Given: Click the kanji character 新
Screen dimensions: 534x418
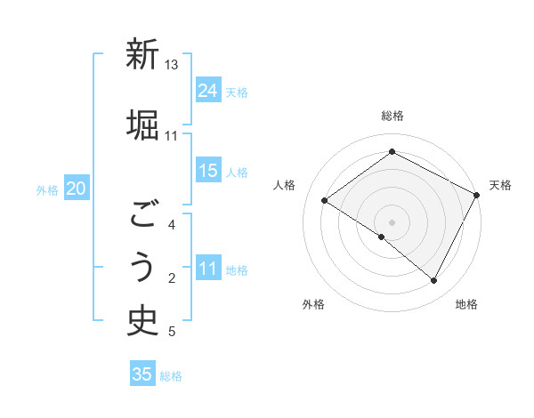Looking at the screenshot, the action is pyautogui.click(x=142, y=55).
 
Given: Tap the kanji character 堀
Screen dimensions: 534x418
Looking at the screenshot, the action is pyautogui.click(x=142, y=124).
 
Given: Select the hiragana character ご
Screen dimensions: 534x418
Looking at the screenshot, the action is pyautogui.click(x=142, y=214).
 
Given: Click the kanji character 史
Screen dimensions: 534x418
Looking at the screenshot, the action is pyautogui.click(x=142, y=319).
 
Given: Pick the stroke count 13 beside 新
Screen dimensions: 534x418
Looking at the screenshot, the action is pyautogui.click(x=172, y=65).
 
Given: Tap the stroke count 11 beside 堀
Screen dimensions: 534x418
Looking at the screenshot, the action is pyautogui.click(x=171, y=135).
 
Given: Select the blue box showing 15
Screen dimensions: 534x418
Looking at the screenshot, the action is pyautogui.click(x=208, y=171).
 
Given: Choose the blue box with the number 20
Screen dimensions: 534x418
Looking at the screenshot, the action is pyautogui.click(x=77, y=188).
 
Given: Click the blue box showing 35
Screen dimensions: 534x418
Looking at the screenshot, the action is pyautogui.click(x=142, y=374).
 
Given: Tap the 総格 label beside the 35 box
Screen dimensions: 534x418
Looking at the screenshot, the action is pyautogui.click(x=172, y=376).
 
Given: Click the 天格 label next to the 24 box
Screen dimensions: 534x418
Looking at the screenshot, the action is pyautogui.click(x=237, y=92).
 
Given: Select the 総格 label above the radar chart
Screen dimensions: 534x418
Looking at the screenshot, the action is pyautogui.click(x=392, y=116).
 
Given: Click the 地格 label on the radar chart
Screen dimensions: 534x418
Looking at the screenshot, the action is pyautogui.click(x=466, y=305).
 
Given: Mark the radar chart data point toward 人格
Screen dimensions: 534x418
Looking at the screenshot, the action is pyautogui.click(x=325, y=200).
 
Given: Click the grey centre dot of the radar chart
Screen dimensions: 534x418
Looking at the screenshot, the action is pyautogui.click(x=392, y=221).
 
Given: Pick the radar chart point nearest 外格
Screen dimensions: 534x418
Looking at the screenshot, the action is pyautogui.click(x=382, y=237).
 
